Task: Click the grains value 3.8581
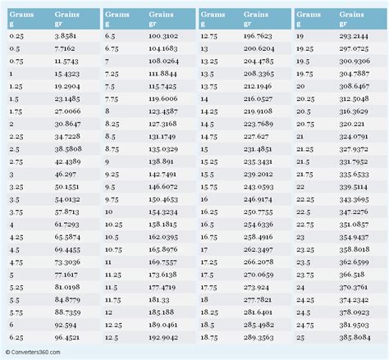click(68, 37)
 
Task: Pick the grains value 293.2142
click(359, 37)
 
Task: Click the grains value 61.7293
click(68, 223)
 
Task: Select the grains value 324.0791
click(359, 137)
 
